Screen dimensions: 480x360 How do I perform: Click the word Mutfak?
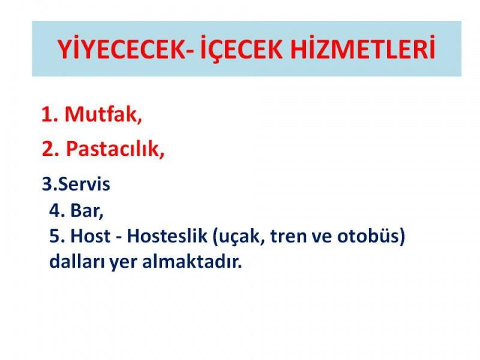[x=103, y=114]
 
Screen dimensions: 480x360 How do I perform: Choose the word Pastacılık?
[x=115, y=149]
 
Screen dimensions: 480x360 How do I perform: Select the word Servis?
[x=84, y=184]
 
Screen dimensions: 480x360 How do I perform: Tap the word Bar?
[x=87, y=211]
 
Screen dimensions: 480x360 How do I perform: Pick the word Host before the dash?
[x=91, y=236]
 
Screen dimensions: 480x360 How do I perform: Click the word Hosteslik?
[x=167, y=236]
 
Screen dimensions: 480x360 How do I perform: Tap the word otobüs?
[x=368, y=236]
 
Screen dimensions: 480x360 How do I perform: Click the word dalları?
[x=77, y=262]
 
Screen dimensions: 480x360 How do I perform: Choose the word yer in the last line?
[x=123, y=263]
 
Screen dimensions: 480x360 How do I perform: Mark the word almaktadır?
[x=192, y=262]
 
